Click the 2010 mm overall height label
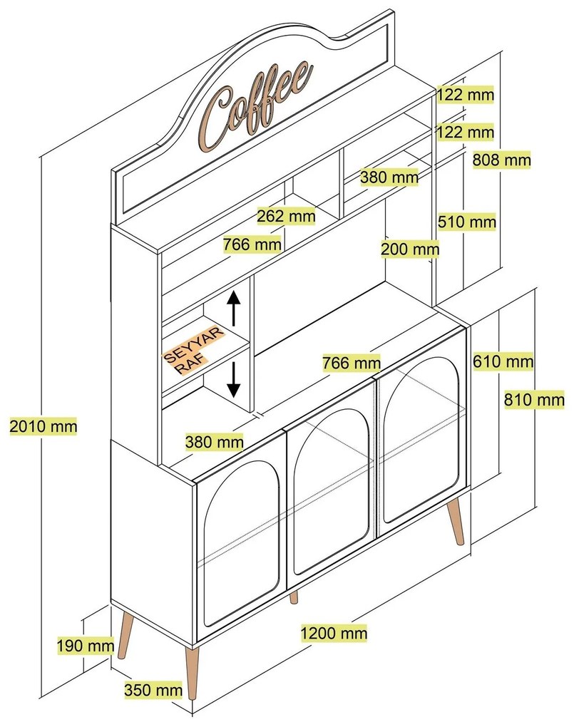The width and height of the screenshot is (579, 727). [43, 426]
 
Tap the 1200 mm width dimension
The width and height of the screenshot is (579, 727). [334, 633]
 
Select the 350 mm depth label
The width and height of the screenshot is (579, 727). [153, 689]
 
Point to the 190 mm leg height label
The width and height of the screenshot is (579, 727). [86, 645]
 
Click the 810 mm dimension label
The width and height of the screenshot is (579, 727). [534, 399]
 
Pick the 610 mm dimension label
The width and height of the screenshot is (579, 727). [503, 361]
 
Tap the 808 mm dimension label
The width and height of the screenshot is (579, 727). [501, 160]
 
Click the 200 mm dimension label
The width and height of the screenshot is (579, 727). [410, 249]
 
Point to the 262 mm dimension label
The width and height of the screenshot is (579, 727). [286, 215]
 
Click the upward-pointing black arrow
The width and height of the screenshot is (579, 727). [233, 307]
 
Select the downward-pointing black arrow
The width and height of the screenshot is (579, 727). [233, 379]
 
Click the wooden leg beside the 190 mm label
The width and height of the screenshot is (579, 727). [125, 634]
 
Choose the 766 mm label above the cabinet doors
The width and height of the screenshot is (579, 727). [352, 363]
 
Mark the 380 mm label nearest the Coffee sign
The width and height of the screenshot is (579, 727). [389, 177]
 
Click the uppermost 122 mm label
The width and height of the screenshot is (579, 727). [466, 95]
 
